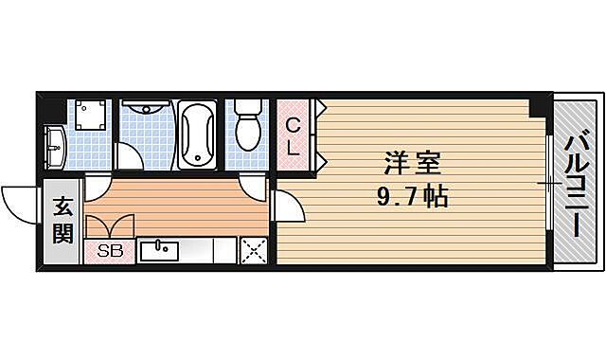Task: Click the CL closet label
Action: [x=294, y=136]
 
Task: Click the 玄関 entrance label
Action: [x=62, y=220]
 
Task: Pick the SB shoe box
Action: [x=110, y=250]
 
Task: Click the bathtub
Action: [x=197, y=135]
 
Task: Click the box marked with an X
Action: [x=253, y=250]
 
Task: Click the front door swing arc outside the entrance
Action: [x=21, y=199]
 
